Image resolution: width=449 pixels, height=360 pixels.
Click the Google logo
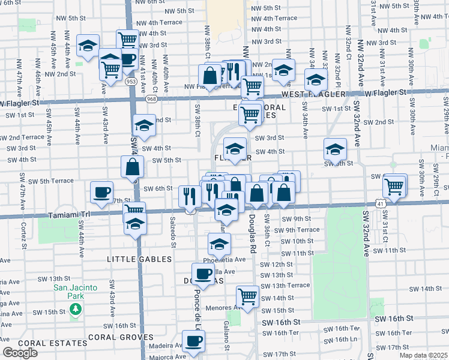pos(20,353)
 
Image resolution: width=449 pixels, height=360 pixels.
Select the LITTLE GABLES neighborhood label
pos(139,259)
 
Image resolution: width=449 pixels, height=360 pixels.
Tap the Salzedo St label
pos(173,232)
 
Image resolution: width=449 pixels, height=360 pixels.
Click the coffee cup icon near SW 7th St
pos(101,193)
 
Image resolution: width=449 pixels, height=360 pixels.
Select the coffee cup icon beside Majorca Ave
pos(193,341)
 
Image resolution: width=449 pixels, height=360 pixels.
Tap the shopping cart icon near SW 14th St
pos(247,296)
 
